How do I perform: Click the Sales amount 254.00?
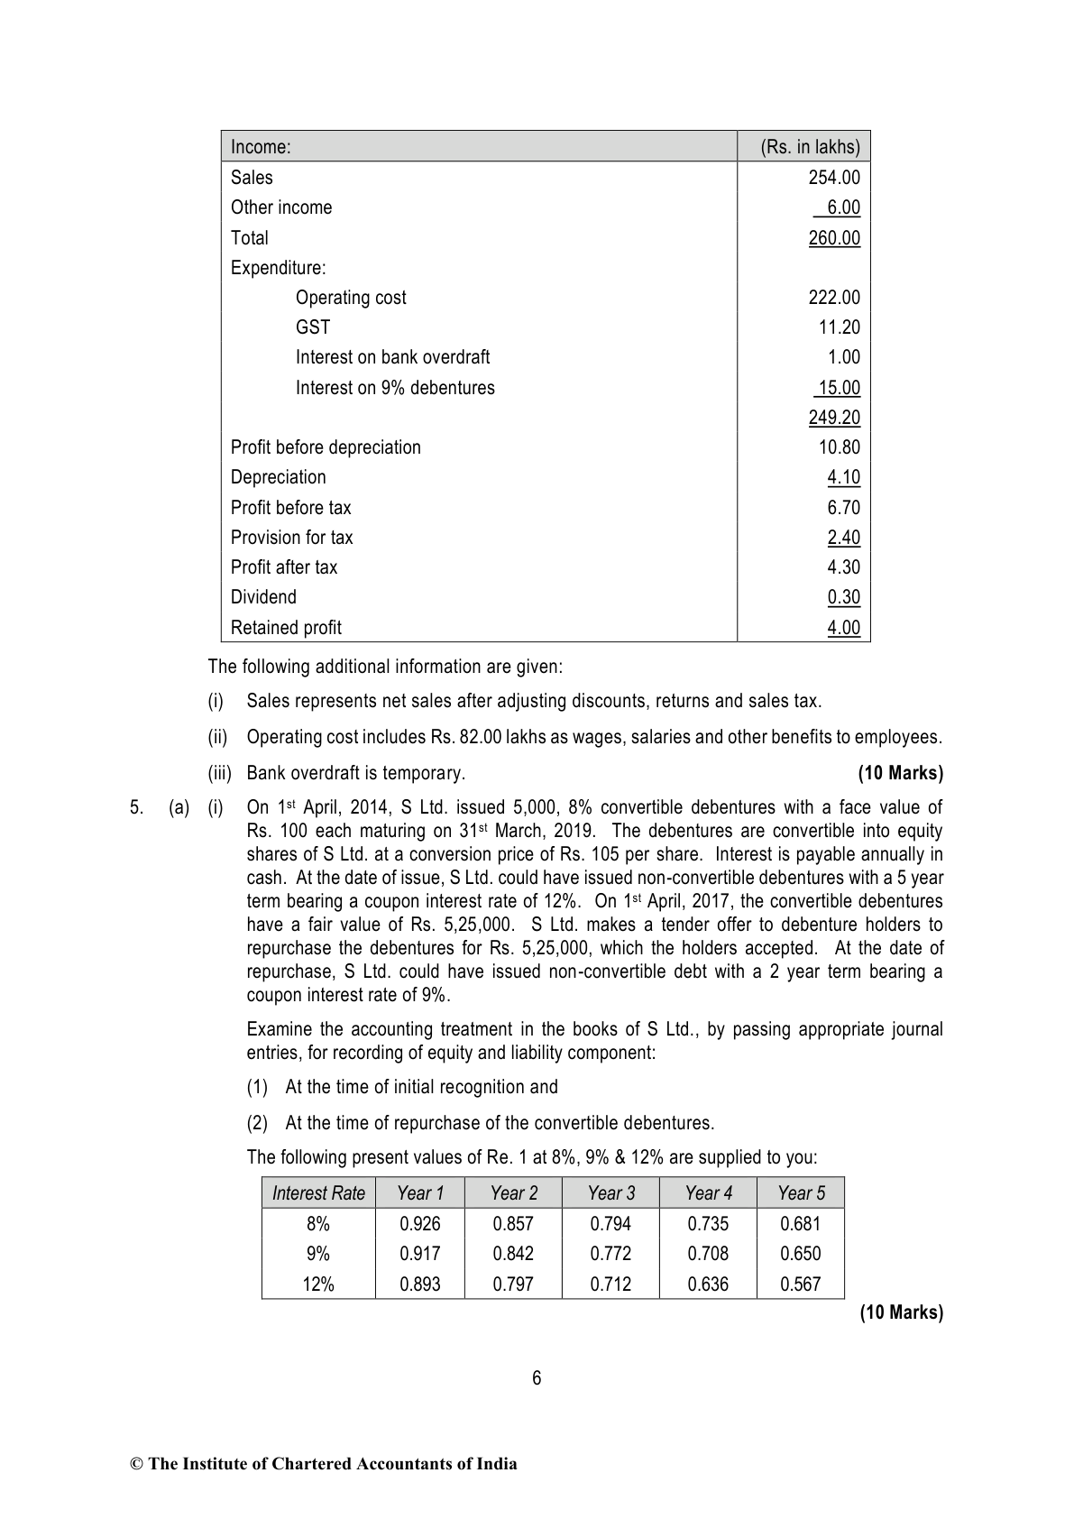pyautogui.click(x=834, y=178)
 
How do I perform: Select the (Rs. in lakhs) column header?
pyautogui.click(x=810, y=147)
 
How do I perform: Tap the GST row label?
pyautogui.click(x=313, y=327)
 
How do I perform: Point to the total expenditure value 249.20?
pyautogui.click(x=834, y=418)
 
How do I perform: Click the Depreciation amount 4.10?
pyautogui.click(x=843, y=477)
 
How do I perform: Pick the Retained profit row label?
pyautogui.click(x=286, y=628)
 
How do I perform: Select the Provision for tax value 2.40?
pyautogui.click(x=843, y=538)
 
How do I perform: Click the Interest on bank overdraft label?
pyautogui.click(x=392, y=357)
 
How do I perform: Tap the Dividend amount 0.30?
pyautogui.click(x=843, y=597)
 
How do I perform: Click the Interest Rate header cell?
pyautogui.click(x=318, y=1193)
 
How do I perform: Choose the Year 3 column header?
pyautogui.click(x=610, y=1193)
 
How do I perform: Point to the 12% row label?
pyautogui.click(x=317, y=1284)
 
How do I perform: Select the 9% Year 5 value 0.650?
pyautogui.click(x=800, y=1254)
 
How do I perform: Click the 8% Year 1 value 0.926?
pyautogui.click(x=419, y=1224)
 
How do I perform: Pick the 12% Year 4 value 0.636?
pyautogui.click(x=708, y=1284)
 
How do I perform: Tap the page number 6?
pyautogui.click(x=537, y=1378)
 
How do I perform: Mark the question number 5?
pyautogui.click(x=135, y=808)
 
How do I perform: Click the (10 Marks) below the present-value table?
pyautogui.click(x=901, y=1313)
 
